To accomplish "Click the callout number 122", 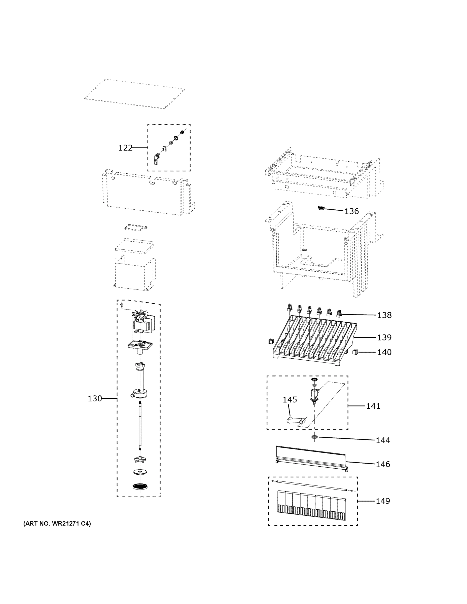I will point(125,148).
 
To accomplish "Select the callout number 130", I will point(95,399).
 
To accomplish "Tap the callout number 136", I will point(351,211).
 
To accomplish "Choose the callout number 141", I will point(373,406).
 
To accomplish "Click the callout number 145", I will point(290,400).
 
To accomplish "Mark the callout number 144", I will point(383,440).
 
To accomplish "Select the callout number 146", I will point(383,464).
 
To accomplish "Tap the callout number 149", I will point(383,501).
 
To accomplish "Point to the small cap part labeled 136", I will point(321,208).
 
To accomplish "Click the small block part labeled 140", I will point(355,352).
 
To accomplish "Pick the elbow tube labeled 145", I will point(296,421).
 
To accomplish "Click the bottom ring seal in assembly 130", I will point(140,486).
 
